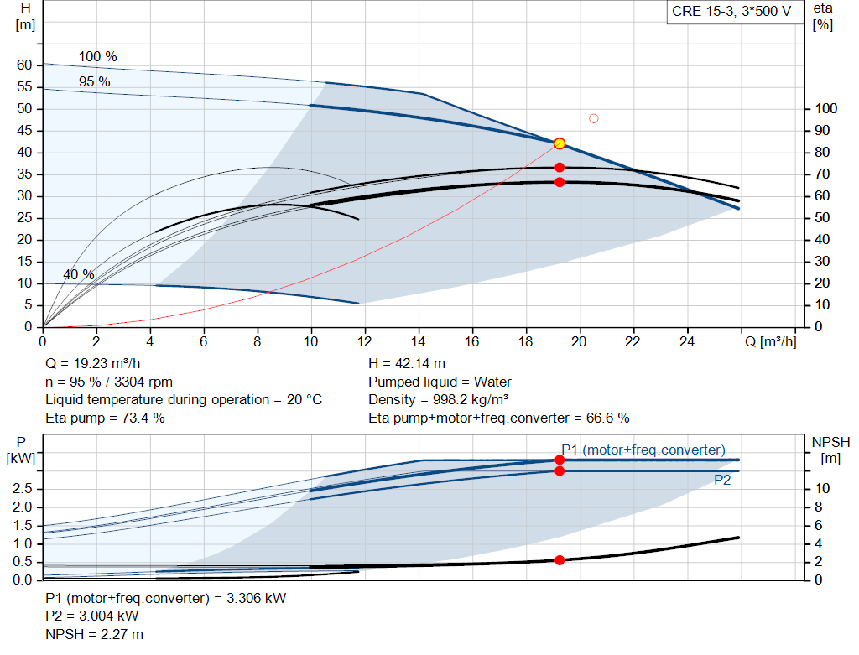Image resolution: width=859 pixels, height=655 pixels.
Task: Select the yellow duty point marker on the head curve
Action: pos(560,143)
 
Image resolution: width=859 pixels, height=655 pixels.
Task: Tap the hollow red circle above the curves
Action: pos(594,118)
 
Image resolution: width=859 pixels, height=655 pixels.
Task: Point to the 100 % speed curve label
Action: pos(98,57)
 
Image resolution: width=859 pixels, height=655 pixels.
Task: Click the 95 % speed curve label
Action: pos(94,81)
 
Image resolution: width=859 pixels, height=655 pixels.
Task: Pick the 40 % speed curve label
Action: pos(78,275)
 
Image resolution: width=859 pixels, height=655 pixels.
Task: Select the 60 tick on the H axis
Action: pos(24,65)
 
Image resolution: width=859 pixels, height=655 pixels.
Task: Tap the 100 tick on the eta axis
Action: pos(827,109)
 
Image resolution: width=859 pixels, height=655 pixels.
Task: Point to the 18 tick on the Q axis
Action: pos(526,342)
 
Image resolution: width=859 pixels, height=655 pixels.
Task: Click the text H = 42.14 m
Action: pos(408,364)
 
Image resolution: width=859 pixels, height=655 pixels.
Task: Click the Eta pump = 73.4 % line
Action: pos(105,418)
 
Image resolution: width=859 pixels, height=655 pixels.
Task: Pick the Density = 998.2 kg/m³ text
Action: pos(439,400)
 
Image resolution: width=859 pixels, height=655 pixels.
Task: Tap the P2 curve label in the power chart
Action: pos(722,480)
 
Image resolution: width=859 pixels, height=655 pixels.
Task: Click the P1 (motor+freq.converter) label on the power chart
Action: pos(643,450)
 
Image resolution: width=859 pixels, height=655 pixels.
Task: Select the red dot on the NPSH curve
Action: pos(560,560)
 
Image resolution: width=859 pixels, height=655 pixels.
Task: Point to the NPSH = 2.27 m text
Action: pos(94,634)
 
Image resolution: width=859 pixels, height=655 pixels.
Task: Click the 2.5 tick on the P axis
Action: pos(24,489)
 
